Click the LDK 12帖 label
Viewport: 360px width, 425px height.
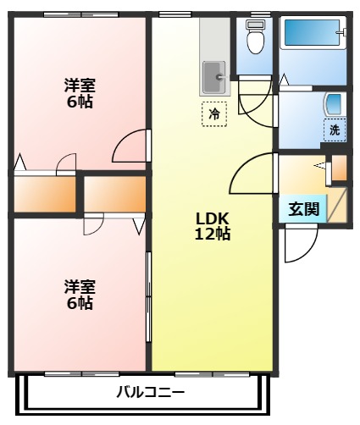[212, 226]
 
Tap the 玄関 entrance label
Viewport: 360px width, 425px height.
[303, 210]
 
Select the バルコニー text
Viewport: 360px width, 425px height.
[150, 393]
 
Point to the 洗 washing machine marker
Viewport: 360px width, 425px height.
[335, 130]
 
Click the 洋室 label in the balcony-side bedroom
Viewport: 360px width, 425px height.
[79, 287]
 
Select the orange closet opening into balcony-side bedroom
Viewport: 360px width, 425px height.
[114, 194]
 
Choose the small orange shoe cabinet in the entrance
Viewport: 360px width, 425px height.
[339, 167]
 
